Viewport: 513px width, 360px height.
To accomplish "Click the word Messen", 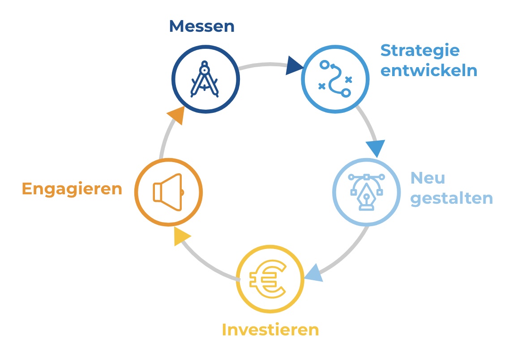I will pyautogui.click(x=201, y=26).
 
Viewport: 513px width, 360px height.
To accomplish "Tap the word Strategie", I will pyautogui.click(x=420, y=51).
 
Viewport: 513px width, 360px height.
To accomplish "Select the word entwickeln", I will pyautogui.click(x=428, y=71).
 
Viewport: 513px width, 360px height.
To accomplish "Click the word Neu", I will pyautogui.click(x=427, y=178).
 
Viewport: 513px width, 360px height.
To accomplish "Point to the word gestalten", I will pyautogui.click(x=451, y=198).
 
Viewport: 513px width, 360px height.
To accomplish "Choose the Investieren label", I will pyautogui.click(x=270, y=330).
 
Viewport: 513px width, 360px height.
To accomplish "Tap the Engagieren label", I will pyautogui.click(x=72, y=189).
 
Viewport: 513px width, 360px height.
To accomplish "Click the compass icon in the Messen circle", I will pyautogui.click(x=205, y=80).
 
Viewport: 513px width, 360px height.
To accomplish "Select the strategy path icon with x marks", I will pyautogui.click(x=335, y=79).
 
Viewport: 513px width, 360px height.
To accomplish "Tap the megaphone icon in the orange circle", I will pyautogui.click(x=168, y=192).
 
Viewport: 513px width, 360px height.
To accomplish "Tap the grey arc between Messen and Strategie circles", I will pyautogui.click(x=264, y=65).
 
